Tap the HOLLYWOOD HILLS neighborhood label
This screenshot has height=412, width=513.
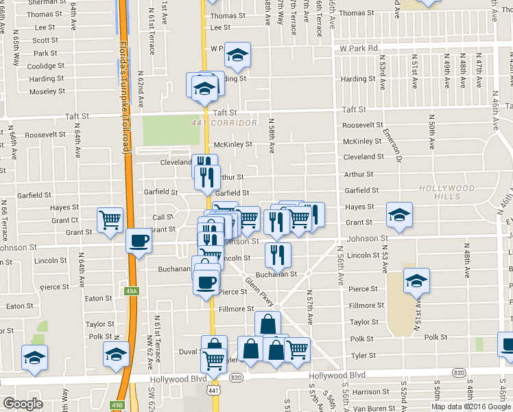tap(447, 192)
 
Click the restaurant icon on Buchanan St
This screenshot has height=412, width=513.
tap(278, 255)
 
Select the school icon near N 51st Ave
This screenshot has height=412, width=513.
tap(416, 282)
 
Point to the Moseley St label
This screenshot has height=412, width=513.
tap(47, 91)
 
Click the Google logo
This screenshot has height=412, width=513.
tap(23, 404)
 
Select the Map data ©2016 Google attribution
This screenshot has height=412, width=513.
tap(471, 407)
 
